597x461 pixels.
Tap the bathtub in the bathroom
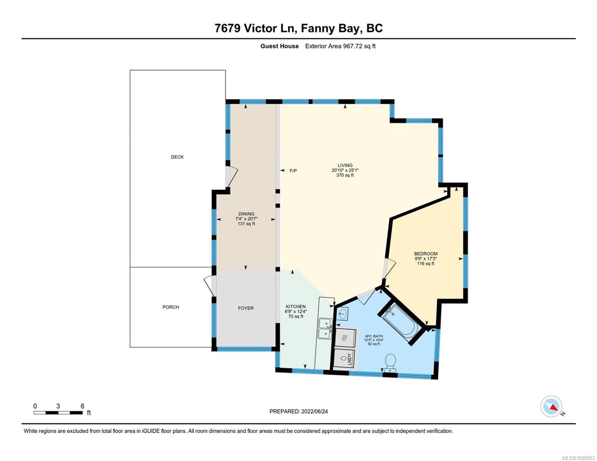point(400,324)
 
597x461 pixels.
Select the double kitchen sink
point(325,329)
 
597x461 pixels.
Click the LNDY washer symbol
point(345,359)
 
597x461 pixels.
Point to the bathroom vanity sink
point(342,313)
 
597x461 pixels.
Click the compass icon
point(551,406)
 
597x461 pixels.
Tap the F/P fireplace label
point(293,171)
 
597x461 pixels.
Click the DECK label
point(177,157)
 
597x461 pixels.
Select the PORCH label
point(171,307)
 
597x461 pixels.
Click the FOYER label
point(246,308)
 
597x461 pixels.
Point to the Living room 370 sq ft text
point(345,175)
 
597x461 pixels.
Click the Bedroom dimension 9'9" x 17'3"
point(426,258)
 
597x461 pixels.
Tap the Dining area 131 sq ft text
point(246,224)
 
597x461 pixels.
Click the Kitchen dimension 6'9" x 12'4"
point(296,312)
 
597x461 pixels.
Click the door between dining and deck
point(232,176)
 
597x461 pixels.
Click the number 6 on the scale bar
point(82,406)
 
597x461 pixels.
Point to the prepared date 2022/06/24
point(314,411)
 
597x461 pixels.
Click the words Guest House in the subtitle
point(279,46)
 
